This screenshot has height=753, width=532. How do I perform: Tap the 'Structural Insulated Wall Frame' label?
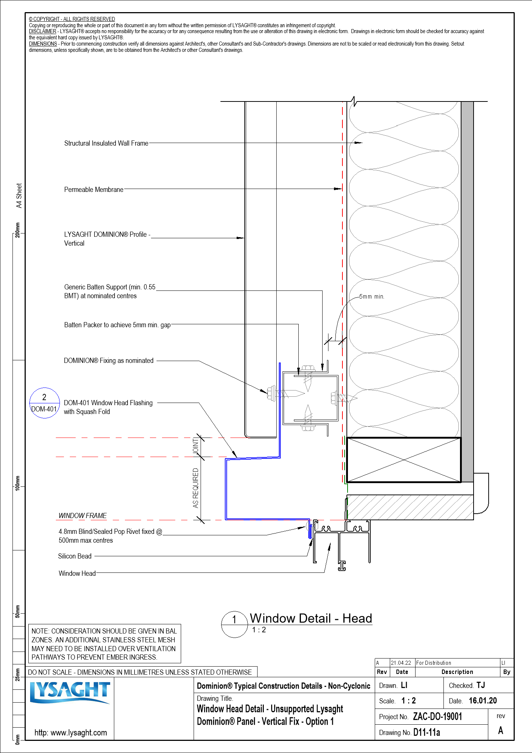[106, 143]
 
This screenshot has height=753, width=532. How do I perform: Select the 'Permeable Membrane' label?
[94, 190]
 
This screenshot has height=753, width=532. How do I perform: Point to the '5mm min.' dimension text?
[371, 297]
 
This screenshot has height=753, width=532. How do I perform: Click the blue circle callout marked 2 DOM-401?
[44, 403]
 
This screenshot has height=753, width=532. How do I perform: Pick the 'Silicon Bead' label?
[75, 556]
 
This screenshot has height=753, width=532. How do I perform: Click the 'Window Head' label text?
[77, 574]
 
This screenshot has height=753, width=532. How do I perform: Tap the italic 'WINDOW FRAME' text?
[83, 516]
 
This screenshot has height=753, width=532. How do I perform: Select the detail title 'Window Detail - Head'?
[311, 618]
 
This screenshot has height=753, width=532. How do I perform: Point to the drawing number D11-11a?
[427, 732]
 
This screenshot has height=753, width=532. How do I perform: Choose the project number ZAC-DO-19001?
[437, 717]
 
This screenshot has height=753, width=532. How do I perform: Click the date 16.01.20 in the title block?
[483, 701]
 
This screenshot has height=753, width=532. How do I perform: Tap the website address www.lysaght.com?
[71, 732]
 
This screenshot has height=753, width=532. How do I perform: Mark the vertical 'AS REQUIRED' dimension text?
[195, 488]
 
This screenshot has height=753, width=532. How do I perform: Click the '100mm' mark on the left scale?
[17, 482]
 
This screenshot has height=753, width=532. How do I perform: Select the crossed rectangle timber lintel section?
[403, 460]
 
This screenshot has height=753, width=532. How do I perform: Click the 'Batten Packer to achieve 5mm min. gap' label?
[117, 325]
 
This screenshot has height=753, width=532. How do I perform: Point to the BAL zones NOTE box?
[104, 644]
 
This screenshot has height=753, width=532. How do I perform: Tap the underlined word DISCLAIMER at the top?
[43, 32]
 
